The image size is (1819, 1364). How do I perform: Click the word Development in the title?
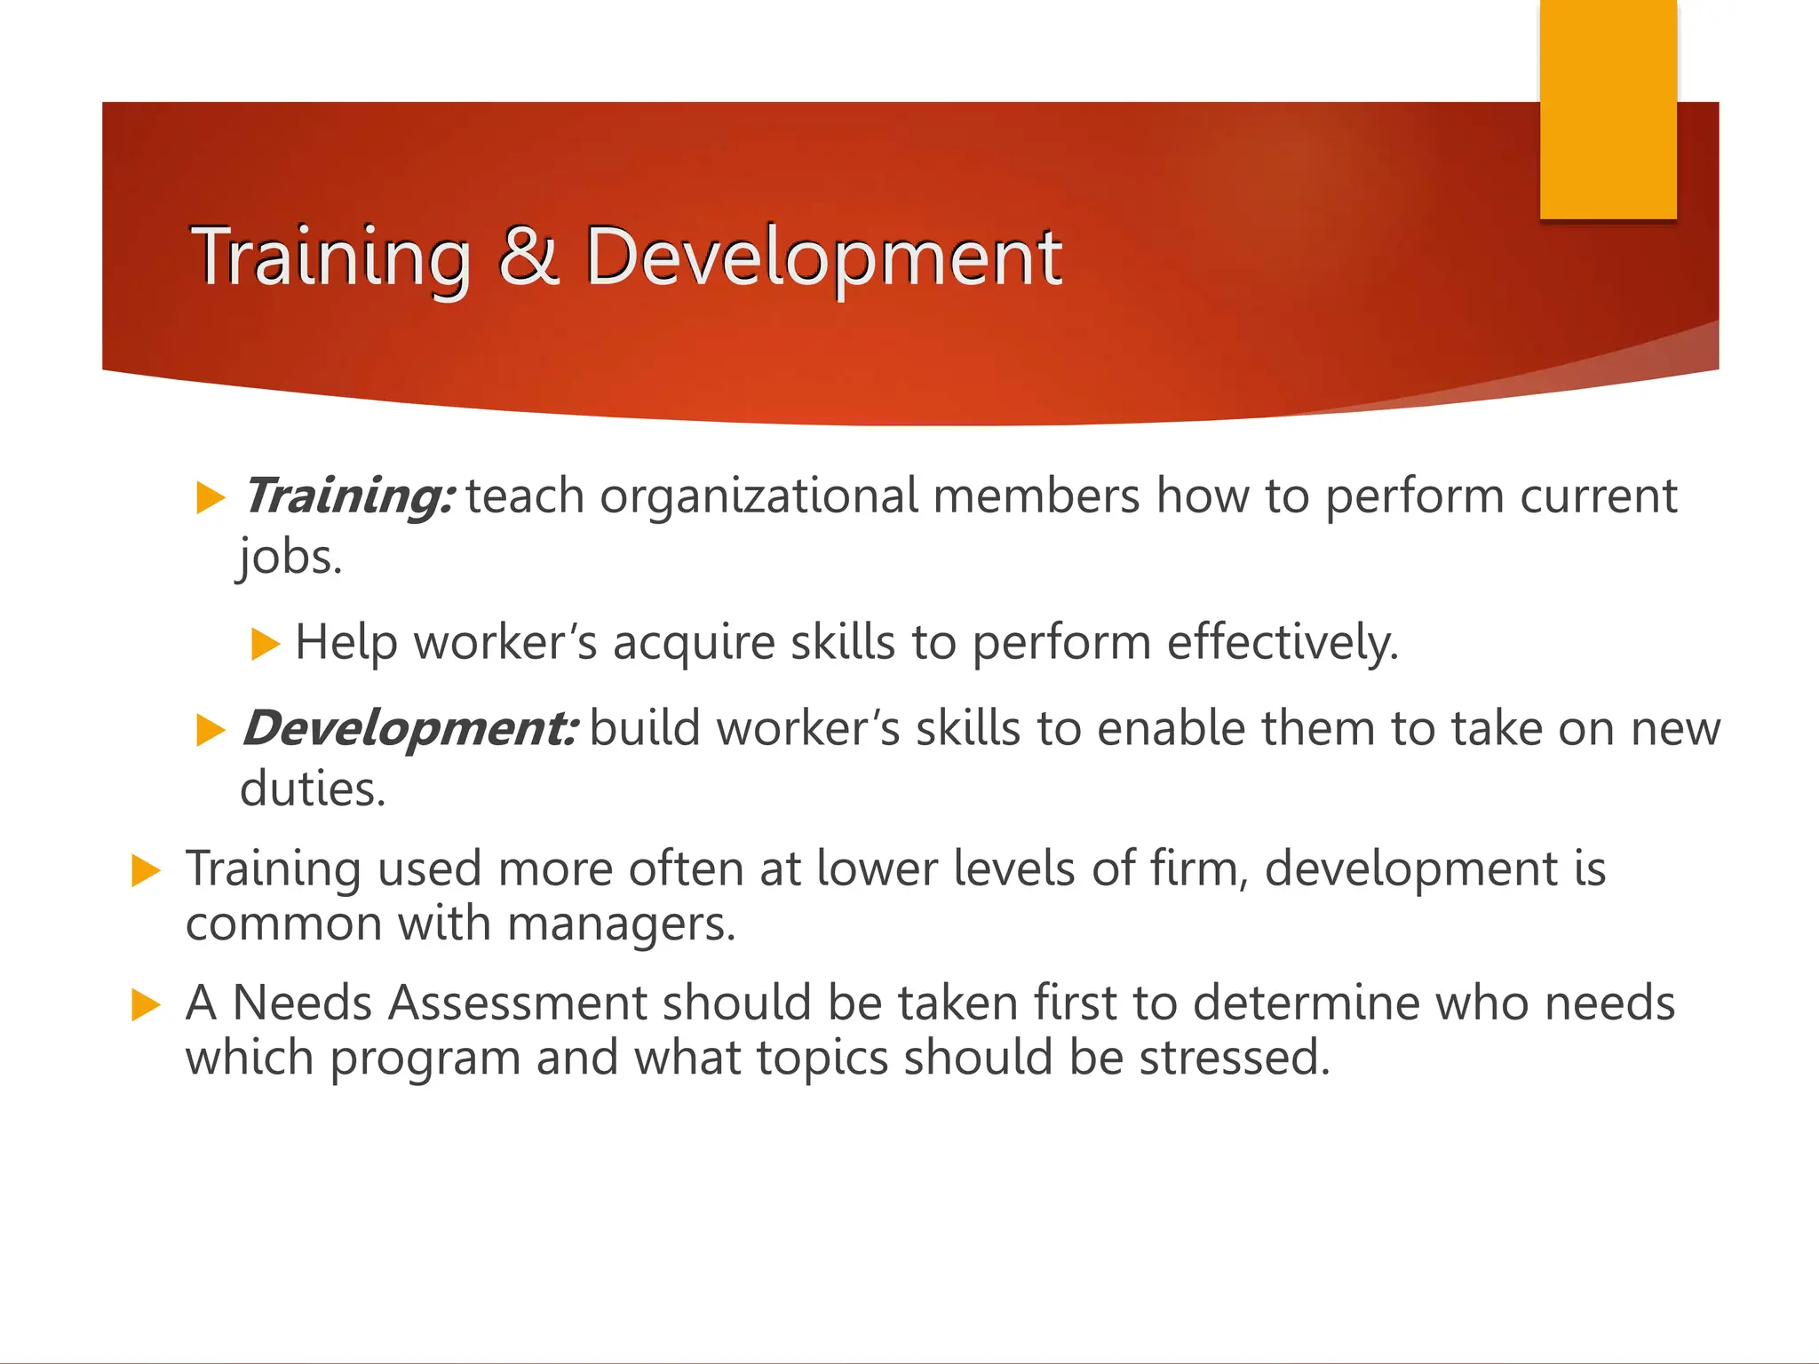pyautogui.click(x=822, y=258)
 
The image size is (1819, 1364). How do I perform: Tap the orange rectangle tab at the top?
pyautogui.click(x=1608, y=108)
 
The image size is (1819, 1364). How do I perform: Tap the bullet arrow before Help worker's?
pyautogui.click(x=265, y=643)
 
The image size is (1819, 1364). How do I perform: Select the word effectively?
pyautogui.click(x=1282, y=642)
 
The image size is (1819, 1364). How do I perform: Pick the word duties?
pyautogui.click(x=313, y=789)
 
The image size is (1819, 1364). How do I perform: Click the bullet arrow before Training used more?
pyautogui.click(x=146, y=870)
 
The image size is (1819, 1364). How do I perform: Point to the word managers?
pyautogui.click(x=621, y=924)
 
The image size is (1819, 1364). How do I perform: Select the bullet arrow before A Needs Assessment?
pyautogui.click(x=146, y=1005)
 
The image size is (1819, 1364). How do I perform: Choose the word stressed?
pyautogui.click(x=1235, y=1058)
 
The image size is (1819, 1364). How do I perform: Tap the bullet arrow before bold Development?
pyautogui.click(x=210, y=730)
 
